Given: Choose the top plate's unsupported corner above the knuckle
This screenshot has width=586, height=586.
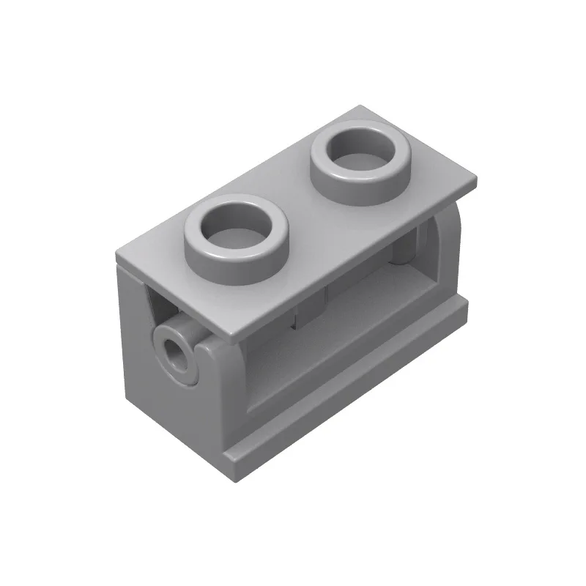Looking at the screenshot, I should [x=234, y=342].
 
